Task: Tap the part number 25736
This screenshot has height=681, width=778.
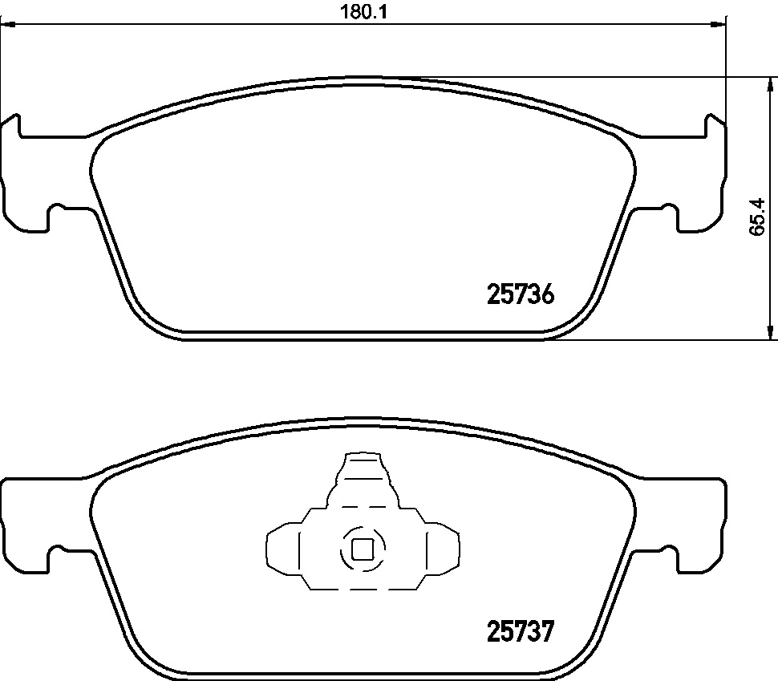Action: coord(521,295)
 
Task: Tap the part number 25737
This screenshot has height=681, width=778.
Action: coord(521,633)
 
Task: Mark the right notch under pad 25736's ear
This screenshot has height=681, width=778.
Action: coord(668,217)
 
